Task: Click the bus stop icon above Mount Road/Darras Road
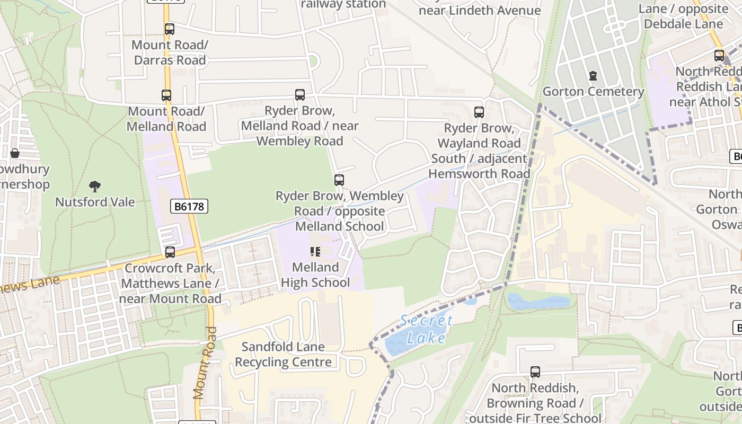[169, 29]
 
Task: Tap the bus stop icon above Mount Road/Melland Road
[166, 95]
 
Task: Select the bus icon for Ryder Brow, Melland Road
[300, 95]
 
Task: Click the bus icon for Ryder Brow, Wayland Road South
[479, 112]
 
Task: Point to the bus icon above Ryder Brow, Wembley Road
[339, 180]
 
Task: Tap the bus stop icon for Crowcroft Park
[170, 252]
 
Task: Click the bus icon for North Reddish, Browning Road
[535, 372]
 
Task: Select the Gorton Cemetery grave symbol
[593, 76]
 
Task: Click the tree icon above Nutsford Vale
[95, 186]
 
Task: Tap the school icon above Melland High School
[315, 252]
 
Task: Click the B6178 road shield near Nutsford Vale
[189, 207]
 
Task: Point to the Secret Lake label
[426, 329]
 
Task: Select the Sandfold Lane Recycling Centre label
[284, 355]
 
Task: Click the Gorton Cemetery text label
[593, 92]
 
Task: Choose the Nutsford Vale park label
[95, 202]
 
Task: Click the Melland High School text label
[315, 275]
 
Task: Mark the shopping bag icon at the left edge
[15, 153]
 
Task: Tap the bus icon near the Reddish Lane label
[719, 55]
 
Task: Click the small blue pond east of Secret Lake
[538, 302]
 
